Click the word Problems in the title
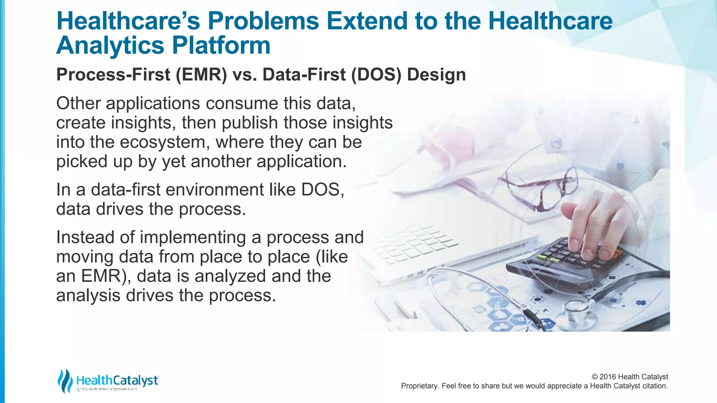point(263,21)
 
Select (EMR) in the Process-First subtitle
point(201,75)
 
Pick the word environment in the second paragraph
point(215,190)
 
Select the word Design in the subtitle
point(436,75)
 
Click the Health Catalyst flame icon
point(65,381)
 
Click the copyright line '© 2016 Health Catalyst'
point(629,377)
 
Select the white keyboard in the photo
point(413,245)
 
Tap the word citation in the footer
point(655,386)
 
